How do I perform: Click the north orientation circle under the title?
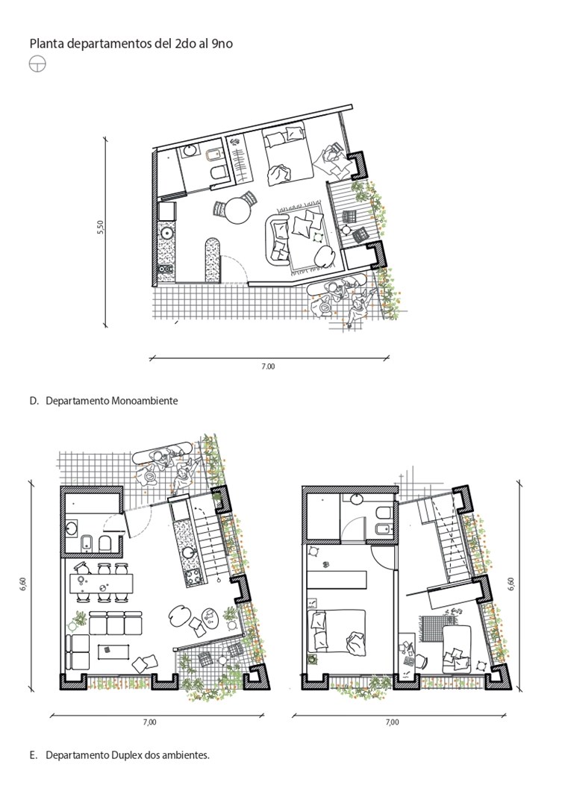pyautogui.click(x=37, y=64)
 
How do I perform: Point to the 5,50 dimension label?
pyautogui.click(x=100, y=228)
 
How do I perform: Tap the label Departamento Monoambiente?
pyautogui.click(x=111, y=401)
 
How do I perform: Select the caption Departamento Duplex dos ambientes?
pyautogui.click(x=128, y=755)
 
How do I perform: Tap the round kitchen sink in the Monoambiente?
pyautogui.click(x=166, y=233)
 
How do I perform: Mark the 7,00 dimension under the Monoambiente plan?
pyautogui.click(x=269, y=366)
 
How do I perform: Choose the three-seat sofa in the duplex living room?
pyautogui.click(x=116, y=622)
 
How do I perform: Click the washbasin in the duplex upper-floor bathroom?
pyautogui.click(x=358, y=498)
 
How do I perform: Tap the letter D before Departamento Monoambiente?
pyautogui.click(x=34, y=401)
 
